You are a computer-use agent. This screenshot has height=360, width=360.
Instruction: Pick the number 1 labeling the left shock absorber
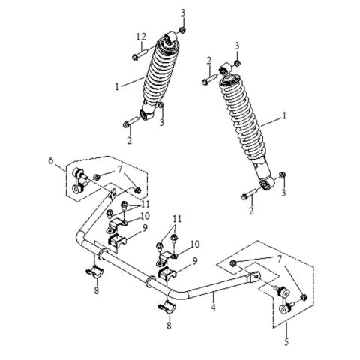click(x=118, y=87)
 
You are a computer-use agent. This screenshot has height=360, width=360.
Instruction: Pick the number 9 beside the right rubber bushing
click(x=195, y=260)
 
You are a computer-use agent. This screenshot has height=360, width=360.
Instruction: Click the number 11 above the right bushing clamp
click(x=176, y=219)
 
